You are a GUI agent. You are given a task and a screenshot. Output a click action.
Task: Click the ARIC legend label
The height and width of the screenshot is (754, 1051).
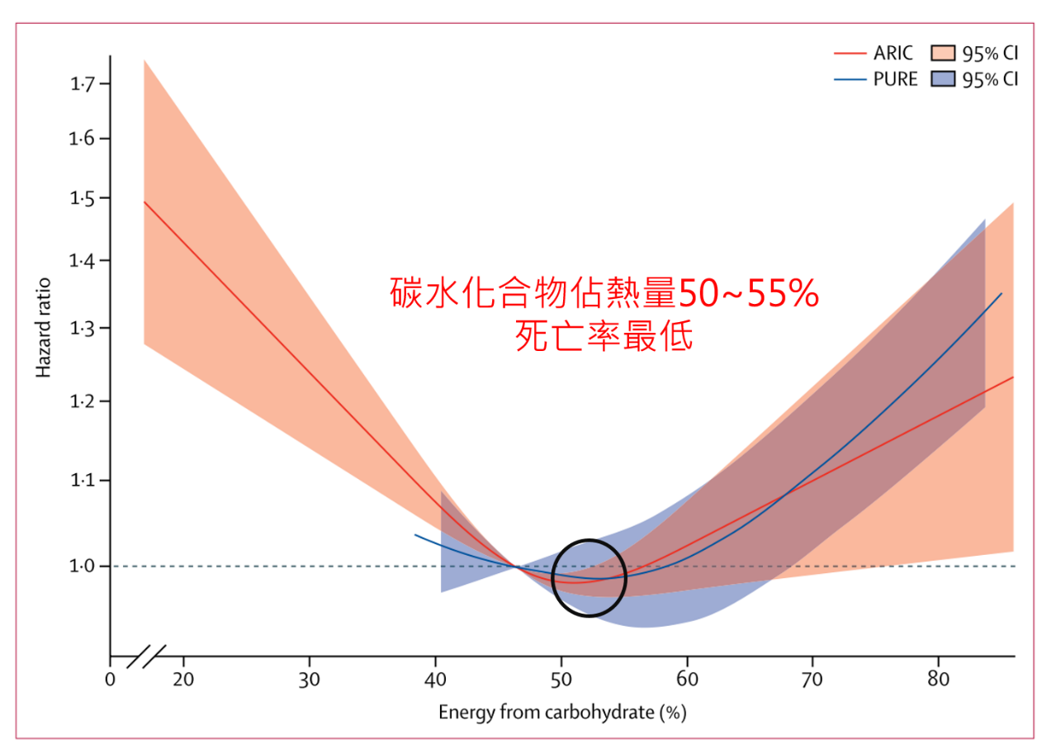(893, 54)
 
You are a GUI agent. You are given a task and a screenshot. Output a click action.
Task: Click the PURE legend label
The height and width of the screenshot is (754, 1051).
(895, 80)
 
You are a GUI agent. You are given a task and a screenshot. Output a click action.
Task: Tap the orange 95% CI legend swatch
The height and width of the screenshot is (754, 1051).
(943, 54)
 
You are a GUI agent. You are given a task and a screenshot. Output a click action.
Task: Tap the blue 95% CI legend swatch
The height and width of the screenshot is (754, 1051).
(943, 80)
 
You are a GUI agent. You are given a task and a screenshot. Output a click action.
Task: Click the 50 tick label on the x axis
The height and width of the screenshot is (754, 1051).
(561, 681)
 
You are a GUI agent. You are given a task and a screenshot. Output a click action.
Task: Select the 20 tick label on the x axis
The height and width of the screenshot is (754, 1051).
(183, 681)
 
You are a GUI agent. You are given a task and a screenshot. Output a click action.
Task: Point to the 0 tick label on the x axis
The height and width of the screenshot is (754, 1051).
(110, 681)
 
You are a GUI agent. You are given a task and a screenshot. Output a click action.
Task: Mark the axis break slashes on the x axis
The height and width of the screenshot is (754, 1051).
(147, 657)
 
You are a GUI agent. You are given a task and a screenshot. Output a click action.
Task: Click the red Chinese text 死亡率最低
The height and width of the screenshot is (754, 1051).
(604, 336)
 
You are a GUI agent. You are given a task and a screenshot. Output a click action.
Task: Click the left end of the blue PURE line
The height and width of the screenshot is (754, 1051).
(416, 535)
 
